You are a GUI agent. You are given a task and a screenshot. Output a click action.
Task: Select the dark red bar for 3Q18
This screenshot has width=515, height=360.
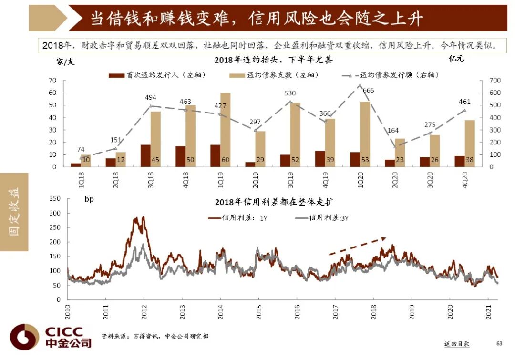(145, 156)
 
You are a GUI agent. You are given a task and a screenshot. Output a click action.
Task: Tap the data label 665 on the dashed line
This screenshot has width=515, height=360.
(368, 91)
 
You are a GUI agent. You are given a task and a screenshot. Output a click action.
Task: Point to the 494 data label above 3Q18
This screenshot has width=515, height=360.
(151, 98)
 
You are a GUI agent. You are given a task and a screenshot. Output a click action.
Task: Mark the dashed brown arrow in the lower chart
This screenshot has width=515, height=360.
(357, 246)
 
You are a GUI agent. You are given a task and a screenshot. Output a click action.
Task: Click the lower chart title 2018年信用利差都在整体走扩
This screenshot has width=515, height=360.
(277, 201)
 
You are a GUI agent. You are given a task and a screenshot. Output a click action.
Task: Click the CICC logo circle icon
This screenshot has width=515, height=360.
(24, 337)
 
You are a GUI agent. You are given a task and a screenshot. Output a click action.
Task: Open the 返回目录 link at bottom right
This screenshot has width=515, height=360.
(456, 344)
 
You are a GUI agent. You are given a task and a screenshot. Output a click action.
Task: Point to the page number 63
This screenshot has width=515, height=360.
(499, 343)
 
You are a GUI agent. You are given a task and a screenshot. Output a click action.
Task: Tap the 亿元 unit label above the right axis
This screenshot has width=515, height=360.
(456, 59)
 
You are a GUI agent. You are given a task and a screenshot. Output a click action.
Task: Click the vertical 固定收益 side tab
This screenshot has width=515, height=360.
(14, 212)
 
